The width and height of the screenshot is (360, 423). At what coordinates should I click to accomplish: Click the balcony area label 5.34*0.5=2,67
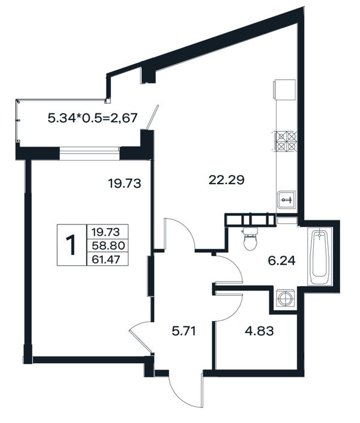[93, 118]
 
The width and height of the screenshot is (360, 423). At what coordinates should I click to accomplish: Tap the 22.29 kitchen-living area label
[226, 180]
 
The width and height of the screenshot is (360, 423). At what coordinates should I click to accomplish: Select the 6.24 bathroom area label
[282, 260]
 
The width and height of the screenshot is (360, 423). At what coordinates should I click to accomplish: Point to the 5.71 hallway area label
[184, 331]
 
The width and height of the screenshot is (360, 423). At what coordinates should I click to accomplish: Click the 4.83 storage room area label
[259, 331]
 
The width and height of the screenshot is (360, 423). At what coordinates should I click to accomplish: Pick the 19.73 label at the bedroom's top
[124, 184]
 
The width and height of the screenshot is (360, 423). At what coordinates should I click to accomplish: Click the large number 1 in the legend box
[71, 245]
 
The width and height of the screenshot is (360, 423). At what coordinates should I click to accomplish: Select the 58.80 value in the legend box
[108, 245]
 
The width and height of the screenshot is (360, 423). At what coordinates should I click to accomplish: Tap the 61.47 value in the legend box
[106, 260]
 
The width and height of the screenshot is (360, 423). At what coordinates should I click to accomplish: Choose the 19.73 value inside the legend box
[106, 232]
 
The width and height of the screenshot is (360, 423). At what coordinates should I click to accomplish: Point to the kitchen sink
[287, 200]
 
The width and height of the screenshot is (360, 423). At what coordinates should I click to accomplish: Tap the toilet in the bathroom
[251, 239]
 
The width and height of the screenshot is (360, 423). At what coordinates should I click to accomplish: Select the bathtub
[320, 256]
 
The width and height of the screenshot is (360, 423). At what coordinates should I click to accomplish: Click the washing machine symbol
[284, 299]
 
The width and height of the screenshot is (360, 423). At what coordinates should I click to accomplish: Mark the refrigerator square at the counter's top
[284, 89]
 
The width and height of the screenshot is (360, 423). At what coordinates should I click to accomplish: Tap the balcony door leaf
[152, 118]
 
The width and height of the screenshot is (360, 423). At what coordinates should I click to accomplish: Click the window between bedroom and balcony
[89, 154]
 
